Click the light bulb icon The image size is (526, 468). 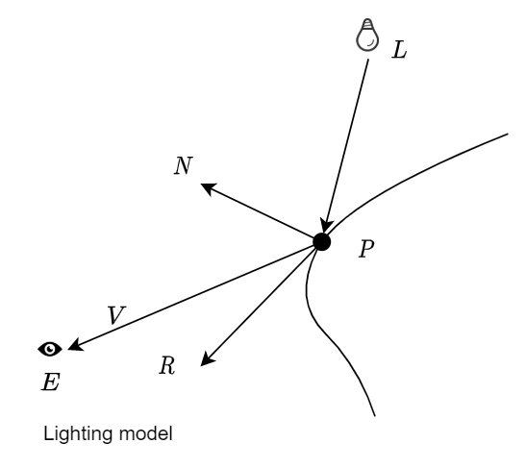coord(364,37)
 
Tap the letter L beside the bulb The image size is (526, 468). coord(400,50)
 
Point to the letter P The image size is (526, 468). coord(365,249)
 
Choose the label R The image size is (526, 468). coord(167,368)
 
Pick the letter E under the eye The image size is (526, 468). coord(49,382)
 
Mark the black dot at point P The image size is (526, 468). coord(322,242)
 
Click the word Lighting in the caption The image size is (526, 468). coord(78,435)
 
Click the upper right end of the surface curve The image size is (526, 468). coord(506,134)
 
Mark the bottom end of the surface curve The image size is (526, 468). coord(373,416)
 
